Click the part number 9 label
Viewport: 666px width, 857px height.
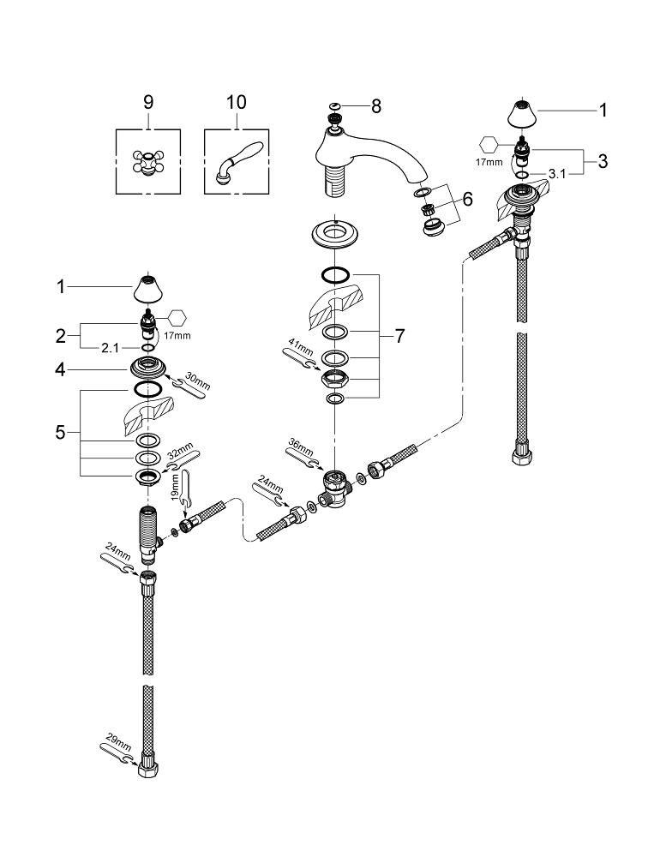[147, 102]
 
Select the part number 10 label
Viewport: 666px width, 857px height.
[236, 102]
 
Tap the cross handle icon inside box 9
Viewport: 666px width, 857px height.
[148, 161]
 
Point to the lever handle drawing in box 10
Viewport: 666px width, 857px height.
[236, 161]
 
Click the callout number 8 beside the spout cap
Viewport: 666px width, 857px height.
[375, 107]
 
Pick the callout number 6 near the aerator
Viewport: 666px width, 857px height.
[466, 199]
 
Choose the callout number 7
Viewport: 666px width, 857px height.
[399, 336]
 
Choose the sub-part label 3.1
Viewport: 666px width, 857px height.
[557, 173]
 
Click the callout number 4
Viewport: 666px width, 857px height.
[60, 371]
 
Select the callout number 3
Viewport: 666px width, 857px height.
[603, 160]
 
